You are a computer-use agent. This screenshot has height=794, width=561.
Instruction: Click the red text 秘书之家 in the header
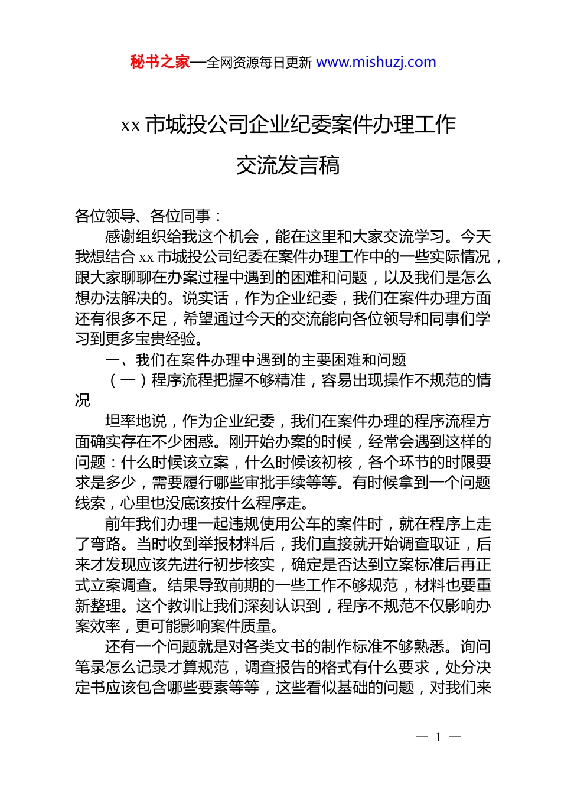tap(159, 62)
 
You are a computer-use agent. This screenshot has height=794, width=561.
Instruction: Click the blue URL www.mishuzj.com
tap(376, 62)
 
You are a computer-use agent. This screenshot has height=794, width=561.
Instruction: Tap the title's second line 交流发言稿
tap(288, 165)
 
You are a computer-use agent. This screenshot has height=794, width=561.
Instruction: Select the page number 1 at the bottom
tap(438, 737)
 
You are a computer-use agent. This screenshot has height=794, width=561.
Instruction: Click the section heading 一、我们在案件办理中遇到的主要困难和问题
tap(256, 360)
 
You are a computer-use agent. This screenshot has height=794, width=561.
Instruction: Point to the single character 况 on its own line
tap(83, 401)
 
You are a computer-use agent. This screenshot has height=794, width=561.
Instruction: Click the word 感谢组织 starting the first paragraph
tap(136, 237)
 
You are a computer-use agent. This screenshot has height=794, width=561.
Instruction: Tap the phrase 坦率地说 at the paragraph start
tap(136, 421)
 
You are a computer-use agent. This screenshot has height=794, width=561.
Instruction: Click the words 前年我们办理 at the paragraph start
tap(151, 524)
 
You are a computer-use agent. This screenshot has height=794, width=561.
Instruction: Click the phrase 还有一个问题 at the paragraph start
tap(151, 647)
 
